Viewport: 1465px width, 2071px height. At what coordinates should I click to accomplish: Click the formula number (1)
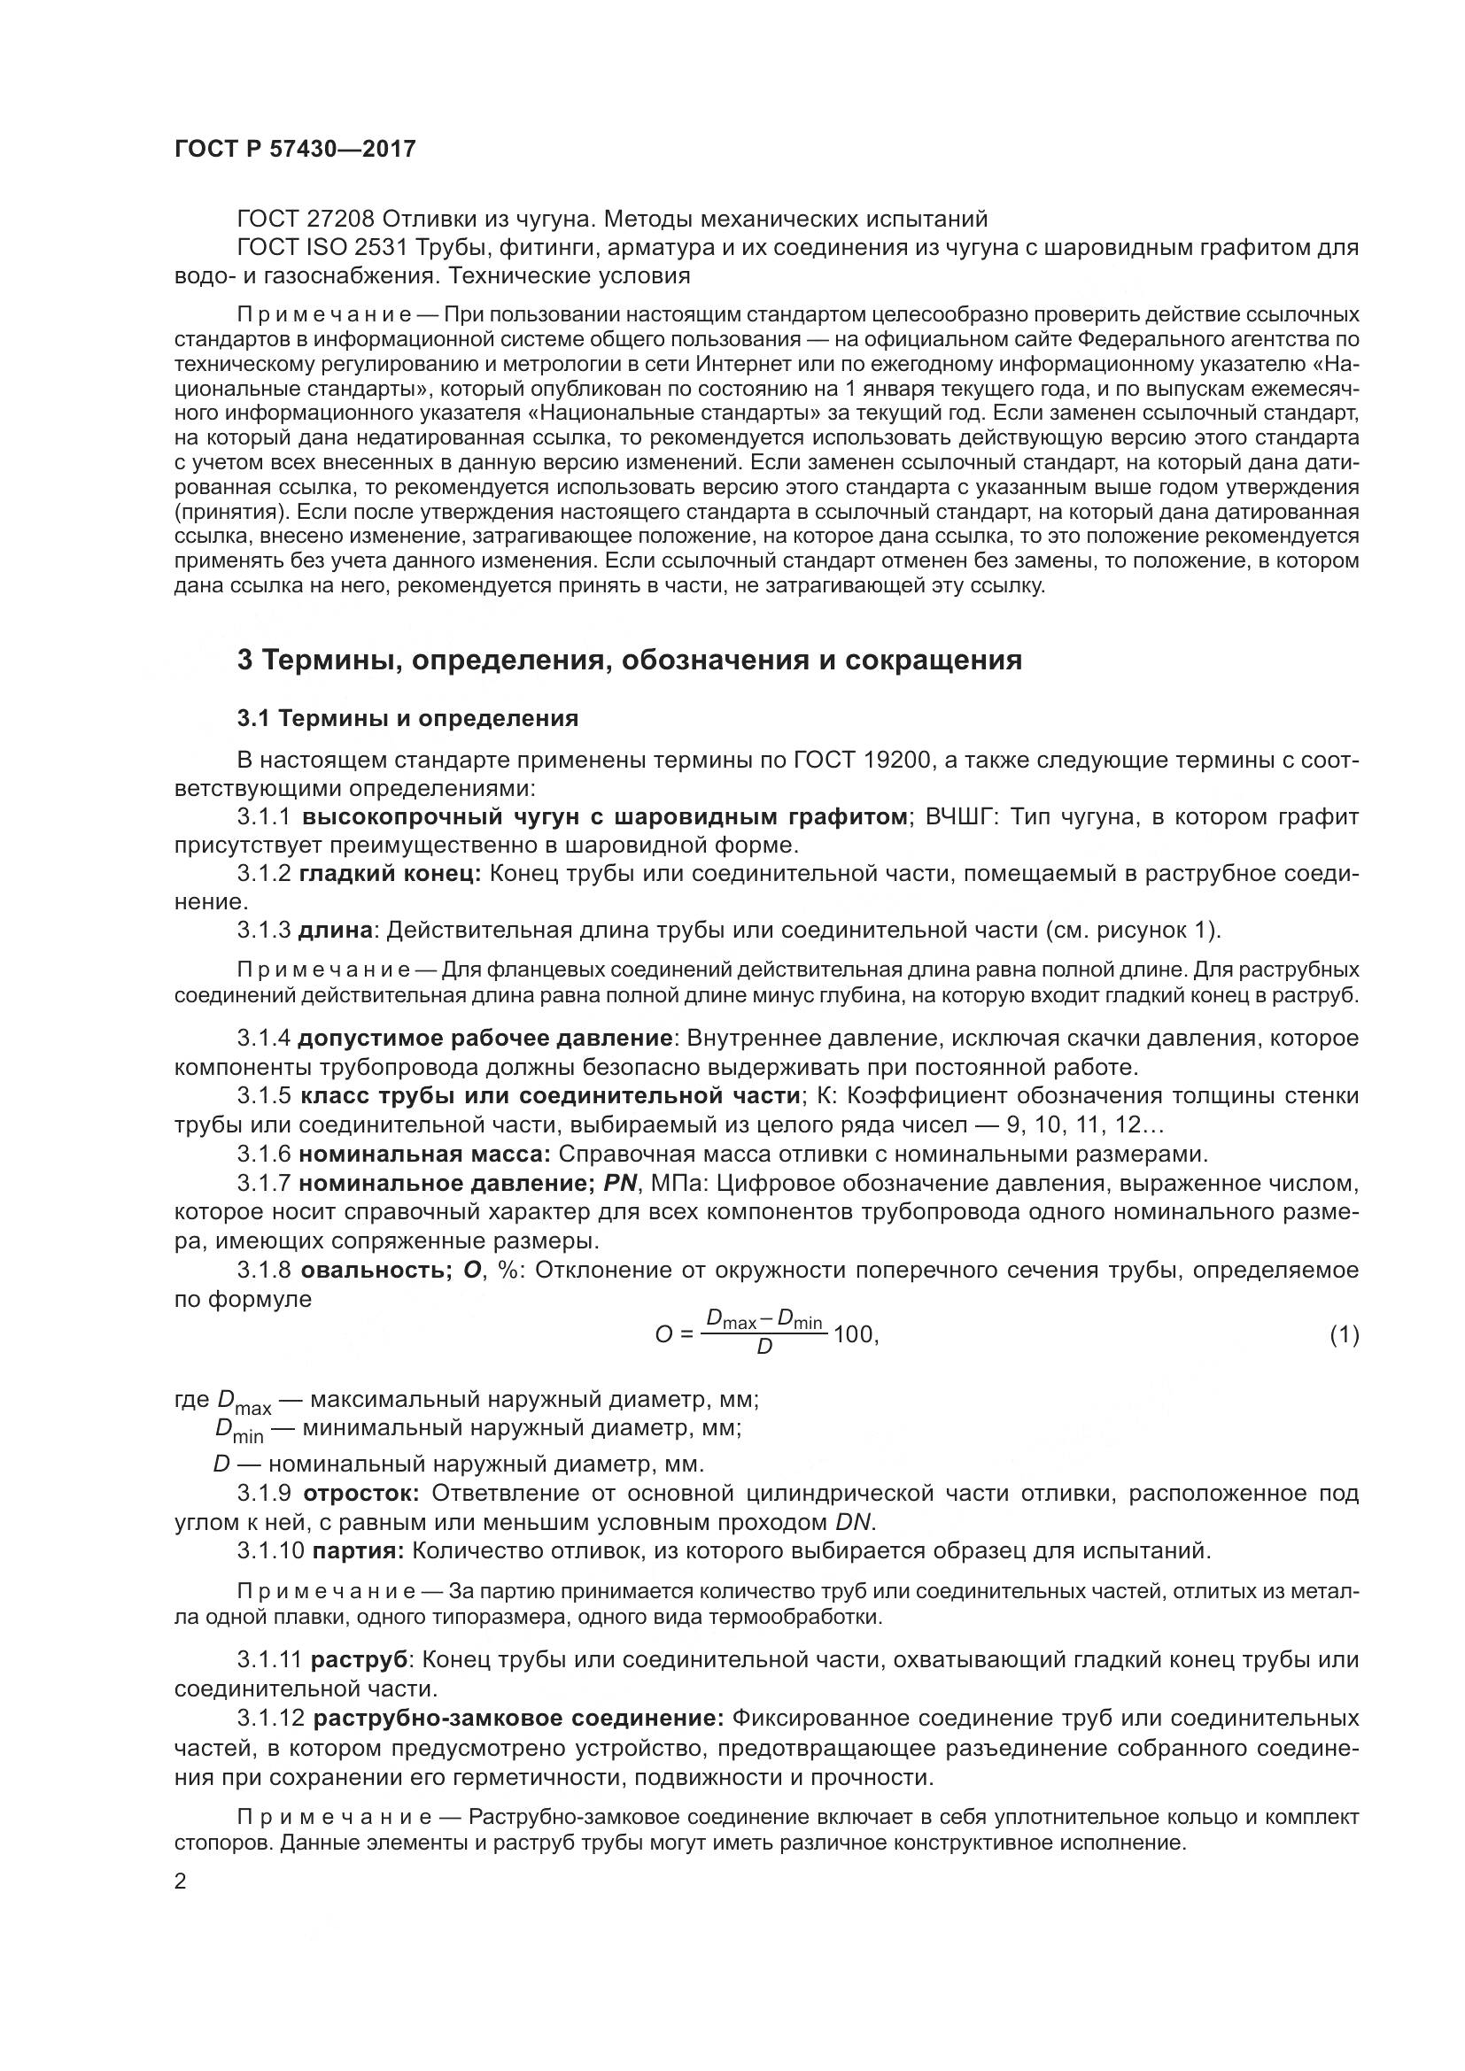coord(1345,1334)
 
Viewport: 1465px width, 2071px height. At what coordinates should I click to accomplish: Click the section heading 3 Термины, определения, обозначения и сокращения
coord(629,661)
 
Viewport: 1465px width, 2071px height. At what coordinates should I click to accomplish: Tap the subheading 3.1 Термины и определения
coord(407,719)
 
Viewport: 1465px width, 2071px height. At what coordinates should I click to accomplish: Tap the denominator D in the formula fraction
coord(764,1348)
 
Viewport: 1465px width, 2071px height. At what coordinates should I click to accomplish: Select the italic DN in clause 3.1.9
coord(852,1523)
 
